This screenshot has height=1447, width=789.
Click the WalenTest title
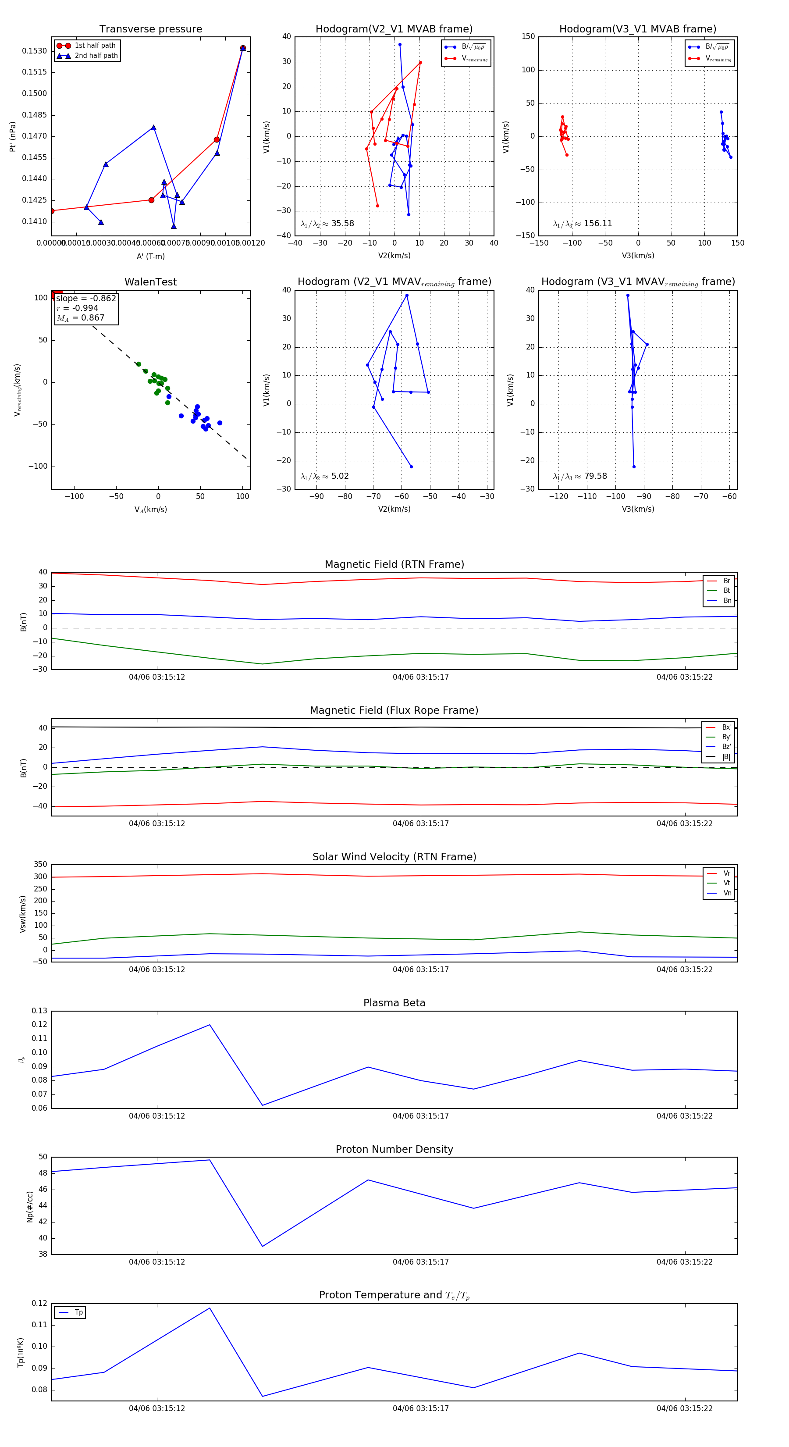150,282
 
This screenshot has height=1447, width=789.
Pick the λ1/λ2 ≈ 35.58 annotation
327,224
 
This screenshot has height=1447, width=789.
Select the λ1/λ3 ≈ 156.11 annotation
583,224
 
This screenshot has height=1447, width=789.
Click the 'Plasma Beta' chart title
394,1003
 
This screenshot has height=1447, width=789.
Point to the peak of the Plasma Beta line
210,1025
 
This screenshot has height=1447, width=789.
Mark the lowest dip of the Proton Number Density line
262,1247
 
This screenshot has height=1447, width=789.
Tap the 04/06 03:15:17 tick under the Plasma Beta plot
421,1116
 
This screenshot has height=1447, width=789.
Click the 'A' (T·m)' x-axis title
150,257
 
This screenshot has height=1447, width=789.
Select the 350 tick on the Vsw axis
40,865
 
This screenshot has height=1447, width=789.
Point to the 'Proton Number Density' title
394,1149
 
